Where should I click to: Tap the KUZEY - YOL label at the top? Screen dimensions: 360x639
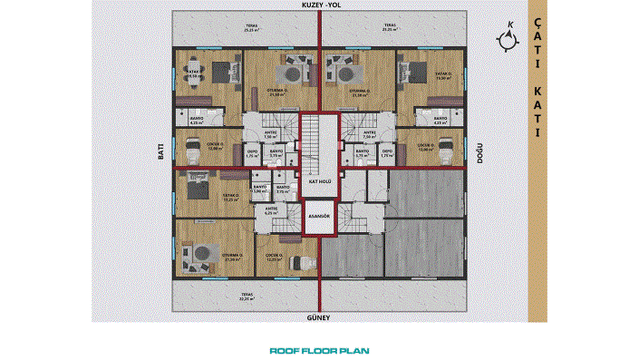click(319, 5)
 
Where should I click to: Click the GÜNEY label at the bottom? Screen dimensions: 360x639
click(319, 318)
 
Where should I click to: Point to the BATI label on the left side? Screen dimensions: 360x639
click(161, 155)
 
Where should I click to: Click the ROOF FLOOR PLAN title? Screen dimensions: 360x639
click(319, 350)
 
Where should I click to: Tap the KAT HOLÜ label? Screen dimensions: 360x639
click(318, 181)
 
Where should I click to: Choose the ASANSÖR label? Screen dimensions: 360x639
click(318, 217)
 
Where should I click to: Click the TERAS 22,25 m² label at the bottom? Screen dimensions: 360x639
click(246, 296)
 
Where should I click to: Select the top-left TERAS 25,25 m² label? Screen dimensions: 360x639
click(249, 27)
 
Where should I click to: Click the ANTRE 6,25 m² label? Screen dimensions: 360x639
click(270, 210)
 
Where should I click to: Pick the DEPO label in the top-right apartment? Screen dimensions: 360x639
click(387, 153)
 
